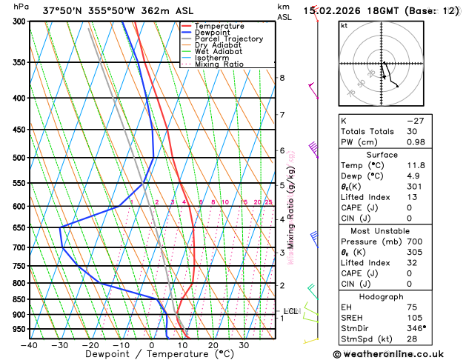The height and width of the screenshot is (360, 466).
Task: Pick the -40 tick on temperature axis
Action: coord(29,345)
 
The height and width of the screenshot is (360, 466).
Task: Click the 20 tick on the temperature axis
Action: coord(213,345)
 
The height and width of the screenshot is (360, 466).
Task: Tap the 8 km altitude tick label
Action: coord(282,78)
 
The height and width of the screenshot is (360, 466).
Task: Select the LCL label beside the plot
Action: coord(290,311)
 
